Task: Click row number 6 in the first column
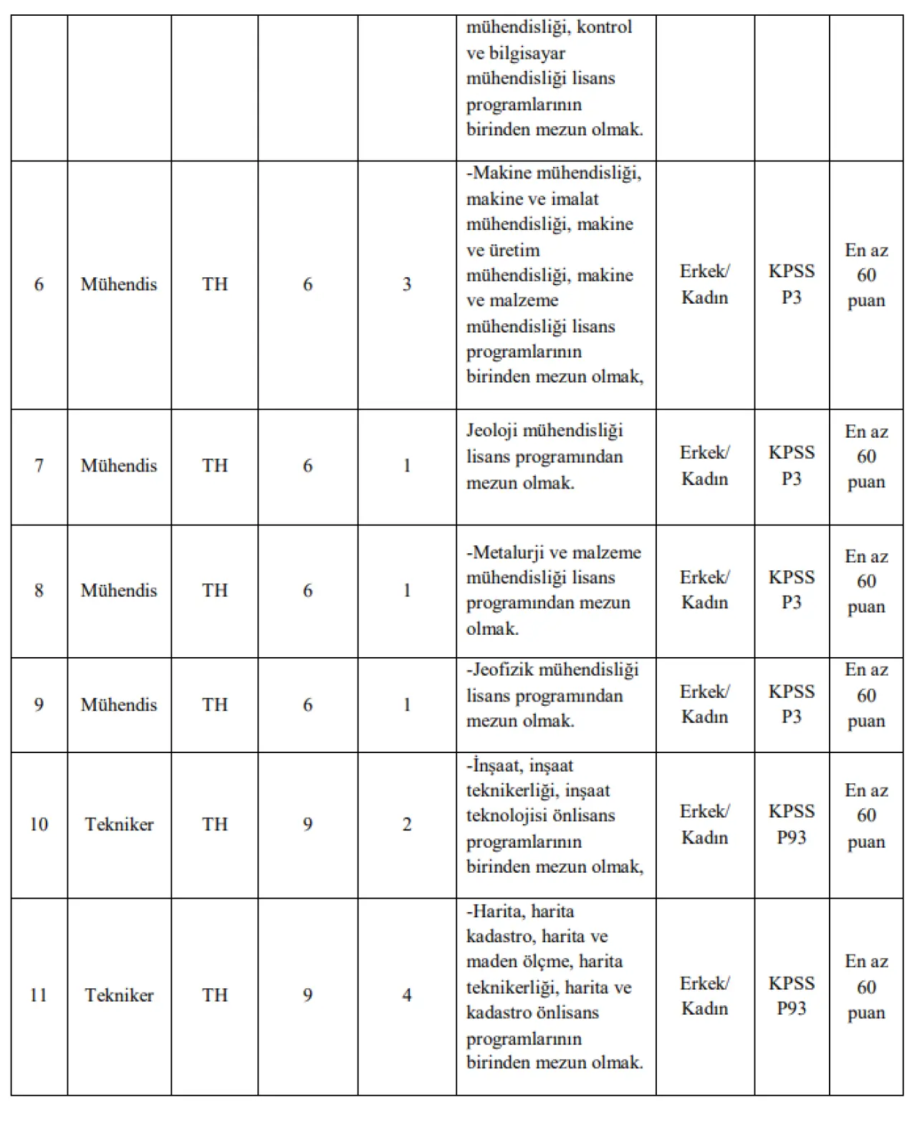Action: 39,284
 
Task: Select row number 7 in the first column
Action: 39,466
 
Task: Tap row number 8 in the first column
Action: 39,590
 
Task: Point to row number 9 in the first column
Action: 39,705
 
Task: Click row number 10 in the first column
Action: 39,825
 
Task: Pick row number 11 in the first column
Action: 39,995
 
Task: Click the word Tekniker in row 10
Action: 119,825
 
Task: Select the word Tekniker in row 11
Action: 119,995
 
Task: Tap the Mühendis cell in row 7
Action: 119,466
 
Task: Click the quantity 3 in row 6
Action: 407,284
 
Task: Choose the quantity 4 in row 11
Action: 407,995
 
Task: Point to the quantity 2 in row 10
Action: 407,825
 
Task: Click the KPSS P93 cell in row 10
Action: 792,824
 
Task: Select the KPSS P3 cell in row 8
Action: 792,590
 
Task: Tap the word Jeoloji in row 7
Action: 492,431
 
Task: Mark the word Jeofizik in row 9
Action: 503,670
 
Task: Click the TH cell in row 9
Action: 215,705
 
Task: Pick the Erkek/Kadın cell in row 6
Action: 705,284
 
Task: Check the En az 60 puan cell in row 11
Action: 866,987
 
